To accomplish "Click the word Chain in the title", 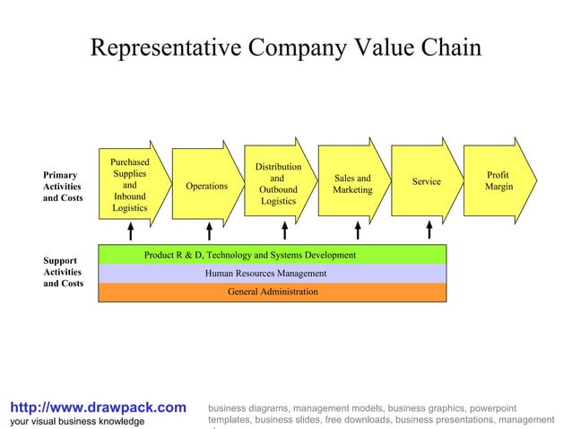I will click(447, 48).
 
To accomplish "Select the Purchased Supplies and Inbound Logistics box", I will click(131, 186).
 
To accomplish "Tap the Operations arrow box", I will click(206, 186).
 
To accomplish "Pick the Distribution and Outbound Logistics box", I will click(279, 184).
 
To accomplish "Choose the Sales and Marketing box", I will click(352, 184).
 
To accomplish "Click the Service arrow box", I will click(426, 182).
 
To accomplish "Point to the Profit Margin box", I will click(498, 180).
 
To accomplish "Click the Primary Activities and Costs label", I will click(62, 186).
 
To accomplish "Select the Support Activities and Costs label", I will click(63, 272).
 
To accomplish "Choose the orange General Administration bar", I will click(272, 292).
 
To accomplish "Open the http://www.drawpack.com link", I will click(97, 407).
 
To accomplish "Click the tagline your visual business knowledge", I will click(76, 421).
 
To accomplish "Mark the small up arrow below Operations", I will click(209, 232).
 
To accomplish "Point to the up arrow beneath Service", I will click(429, 232).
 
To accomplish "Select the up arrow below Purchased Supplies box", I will click(131, 232).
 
